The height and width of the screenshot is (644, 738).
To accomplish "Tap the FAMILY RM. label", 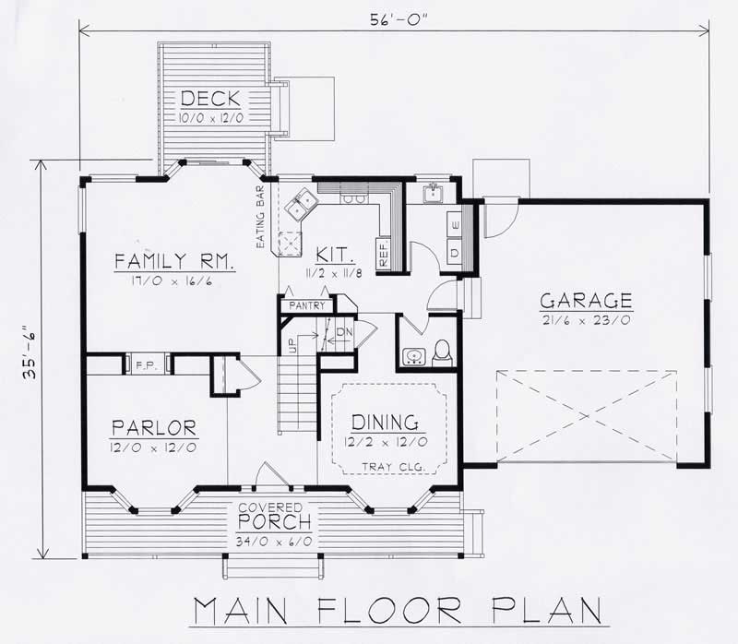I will [175, 261].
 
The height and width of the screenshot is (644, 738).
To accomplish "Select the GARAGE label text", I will [586, 300].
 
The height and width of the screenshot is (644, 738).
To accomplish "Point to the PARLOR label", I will [154, 427].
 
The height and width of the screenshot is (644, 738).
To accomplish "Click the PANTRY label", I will [304, 304].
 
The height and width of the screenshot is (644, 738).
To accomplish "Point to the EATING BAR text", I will [261, 218].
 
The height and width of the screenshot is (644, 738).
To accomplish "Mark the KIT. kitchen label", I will [330, 255].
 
